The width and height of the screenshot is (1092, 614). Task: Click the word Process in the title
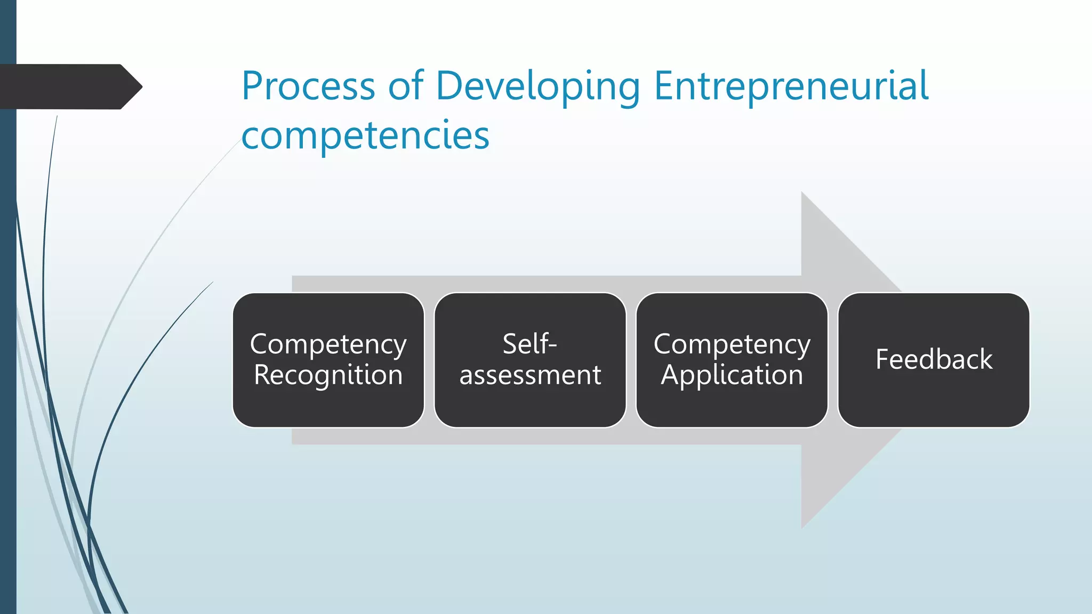(x=308, y=86)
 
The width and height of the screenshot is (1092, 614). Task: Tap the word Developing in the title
(x=537, y=87)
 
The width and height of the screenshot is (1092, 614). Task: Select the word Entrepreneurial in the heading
(x=791, y=86)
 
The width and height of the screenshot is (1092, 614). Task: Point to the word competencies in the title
(x=365, y=136)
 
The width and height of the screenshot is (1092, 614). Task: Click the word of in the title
(x=405, y=86)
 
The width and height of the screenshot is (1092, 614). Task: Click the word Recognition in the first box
(x=328, y=375)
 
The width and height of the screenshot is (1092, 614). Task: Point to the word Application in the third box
(x=732, y=376)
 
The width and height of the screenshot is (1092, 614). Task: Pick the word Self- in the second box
(x=529, y=344)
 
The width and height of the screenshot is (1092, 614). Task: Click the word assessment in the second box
(x=530, y=375)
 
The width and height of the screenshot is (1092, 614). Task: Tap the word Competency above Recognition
(x=328, y=345)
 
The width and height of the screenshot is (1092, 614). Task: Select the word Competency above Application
(x=732, y=345)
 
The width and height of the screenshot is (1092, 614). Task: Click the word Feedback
(x=934, y=359)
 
